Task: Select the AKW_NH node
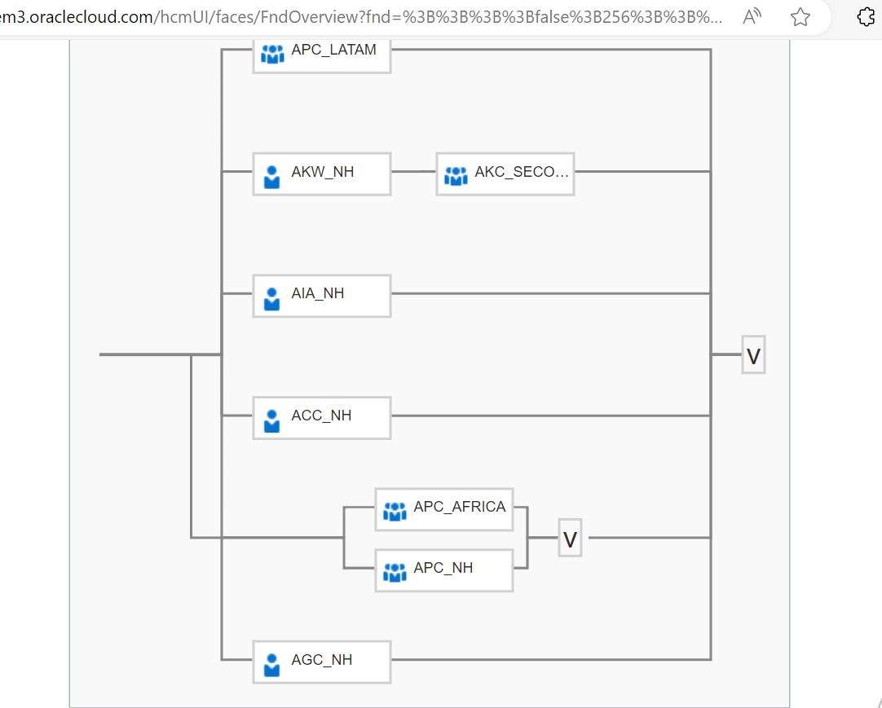[321, 173]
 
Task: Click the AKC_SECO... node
[505, 173]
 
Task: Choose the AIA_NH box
[321, 294]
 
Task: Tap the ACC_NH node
[321, 416]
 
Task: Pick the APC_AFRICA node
[443, 508]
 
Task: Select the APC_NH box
[443, 569]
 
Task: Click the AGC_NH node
[321, 661]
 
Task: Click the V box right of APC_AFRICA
[570, 539]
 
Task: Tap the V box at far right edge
[753, 355]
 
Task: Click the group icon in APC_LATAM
[272, 55]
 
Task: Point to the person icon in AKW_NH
[272, 176]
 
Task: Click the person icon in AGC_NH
[272, 664]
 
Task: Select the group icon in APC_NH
[395, 572]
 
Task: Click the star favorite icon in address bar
[800, 17]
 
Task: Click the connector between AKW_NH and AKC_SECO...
[413, 172]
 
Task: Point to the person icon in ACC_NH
[272, 420]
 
